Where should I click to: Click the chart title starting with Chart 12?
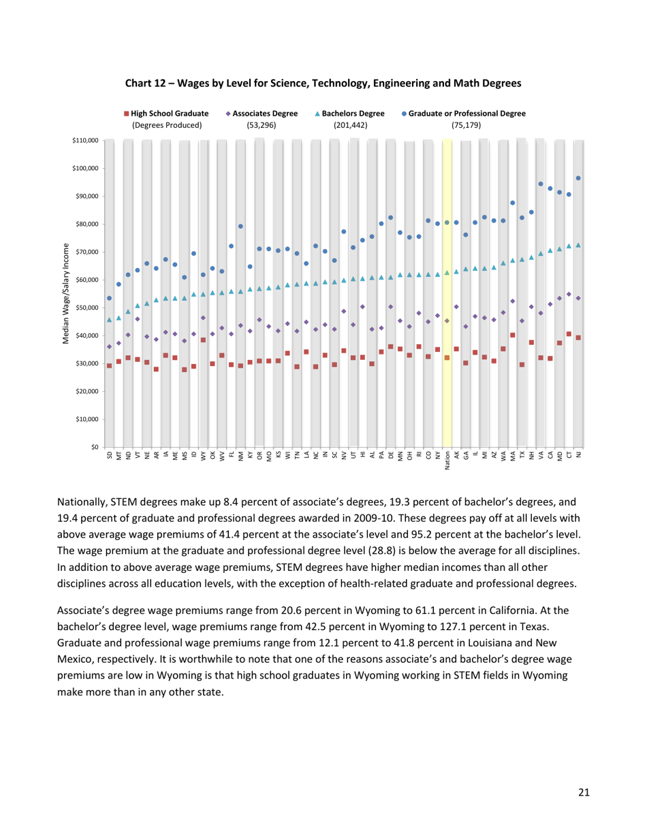tap(323, 83)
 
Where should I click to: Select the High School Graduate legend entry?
tap(167, 114)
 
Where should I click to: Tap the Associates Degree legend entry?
tap(261, 114)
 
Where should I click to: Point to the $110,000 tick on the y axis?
tap(85, 140)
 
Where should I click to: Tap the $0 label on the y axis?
tap(93, 447)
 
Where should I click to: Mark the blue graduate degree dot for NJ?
tap(578, 178)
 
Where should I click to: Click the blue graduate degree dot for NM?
tap(240, 227)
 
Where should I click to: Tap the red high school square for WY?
tap(203, 340)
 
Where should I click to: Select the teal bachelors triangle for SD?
tap(109, 319)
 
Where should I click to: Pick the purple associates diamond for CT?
tap(569, 295)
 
